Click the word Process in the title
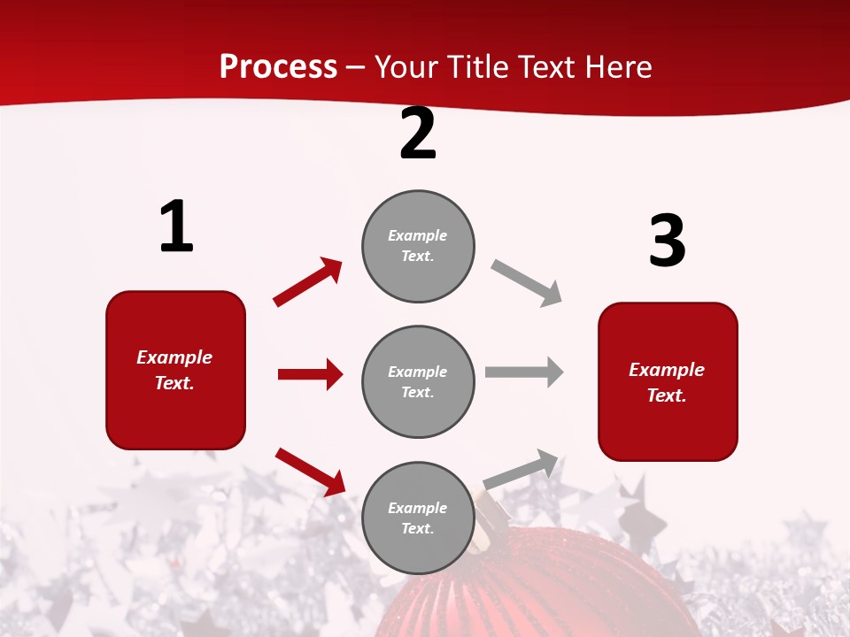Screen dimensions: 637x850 point(278,66)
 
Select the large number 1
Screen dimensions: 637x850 point(176,226)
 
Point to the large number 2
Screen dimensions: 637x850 point(418,134)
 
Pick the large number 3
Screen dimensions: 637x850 point(667,241)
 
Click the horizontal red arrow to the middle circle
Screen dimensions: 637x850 point(310,374)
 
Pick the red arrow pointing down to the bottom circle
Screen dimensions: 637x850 point(311,471)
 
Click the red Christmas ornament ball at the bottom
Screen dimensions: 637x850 point(549,593)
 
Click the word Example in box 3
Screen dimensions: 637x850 point(667,370)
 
